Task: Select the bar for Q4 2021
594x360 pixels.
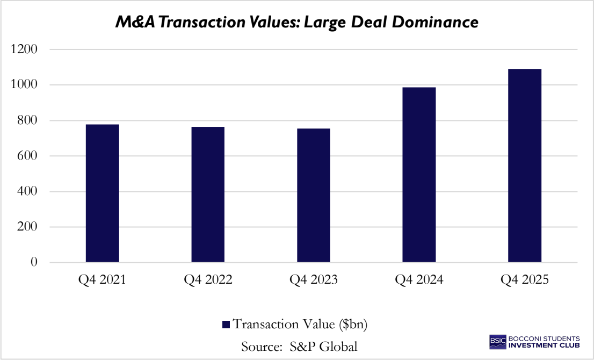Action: click(x=102, y=193)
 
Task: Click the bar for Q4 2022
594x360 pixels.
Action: click(x=208, y=195)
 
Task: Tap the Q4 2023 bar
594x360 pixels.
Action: click(x=314, y=196)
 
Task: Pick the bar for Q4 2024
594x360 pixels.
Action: click(x=419, y=175)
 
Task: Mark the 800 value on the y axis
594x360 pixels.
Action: click(x=29, y=120)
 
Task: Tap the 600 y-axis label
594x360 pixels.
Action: click(x=29, y=156)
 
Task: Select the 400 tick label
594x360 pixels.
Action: click(x=29, y=191)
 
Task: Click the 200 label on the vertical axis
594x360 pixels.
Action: click(x=29, y=227)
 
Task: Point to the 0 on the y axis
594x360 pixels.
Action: click(x=35, y=262)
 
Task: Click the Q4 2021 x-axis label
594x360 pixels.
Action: click(x=102, y=280)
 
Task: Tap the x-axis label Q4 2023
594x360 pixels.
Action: click(x=314, y=280)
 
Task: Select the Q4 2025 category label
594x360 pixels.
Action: click(x=525, y=280)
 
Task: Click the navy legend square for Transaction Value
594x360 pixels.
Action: click(x=226, y=325)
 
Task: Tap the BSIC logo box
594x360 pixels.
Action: click(x=497, y=341)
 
